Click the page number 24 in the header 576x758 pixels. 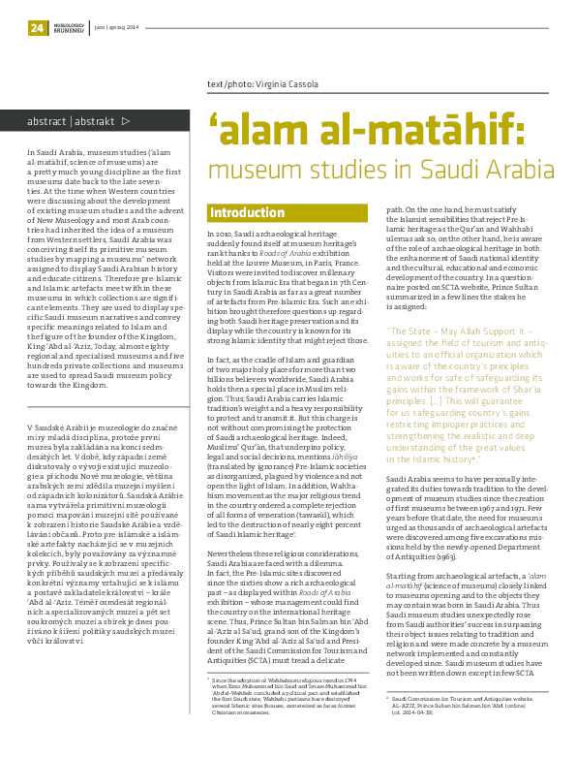coord(38,28)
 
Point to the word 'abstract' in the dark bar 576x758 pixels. coord(47,122)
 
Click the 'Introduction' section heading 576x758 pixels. coord(247,212)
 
